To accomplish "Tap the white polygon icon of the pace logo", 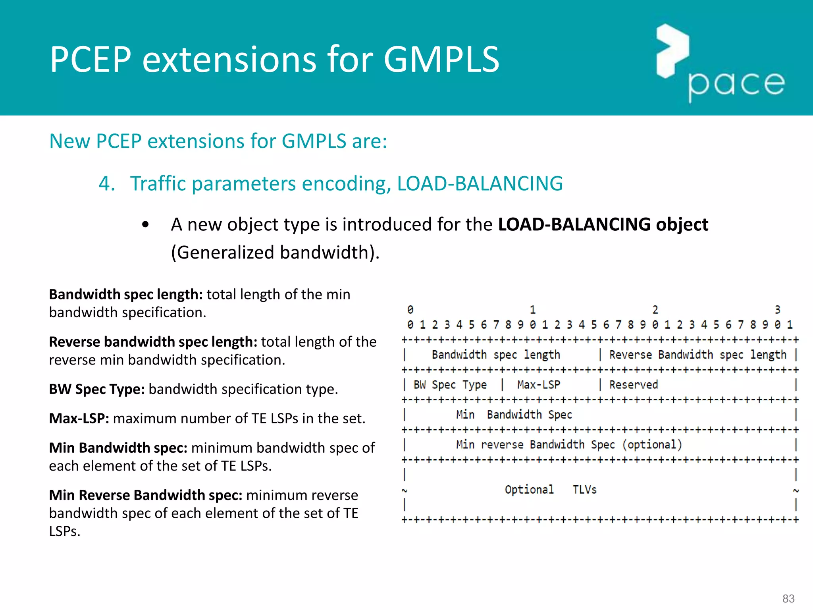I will [x=672, y=51].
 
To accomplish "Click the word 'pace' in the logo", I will [x=736, y=85].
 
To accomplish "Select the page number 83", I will [x=788, y=598].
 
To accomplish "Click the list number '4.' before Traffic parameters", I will [x=107, y=184].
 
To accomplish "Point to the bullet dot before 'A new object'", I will [x=145, y=225].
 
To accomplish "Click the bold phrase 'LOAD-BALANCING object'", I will [x=603, y=224].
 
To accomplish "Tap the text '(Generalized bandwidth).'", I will [x=275, y=253].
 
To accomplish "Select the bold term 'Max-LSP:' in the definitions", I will [x=79, y=419].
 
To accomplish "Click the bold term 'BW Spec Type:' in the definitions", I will [x=97, y=389].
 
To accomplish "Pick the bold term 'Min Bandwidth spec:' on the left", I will [x=118, y=448].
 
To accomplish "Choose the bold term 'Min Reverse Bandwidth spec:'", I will [x=146, y=495].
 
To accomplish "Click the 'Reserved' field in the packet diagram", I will [x=634, y=385].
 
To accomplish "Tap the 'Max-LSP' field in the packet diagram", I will [x=539, y=385].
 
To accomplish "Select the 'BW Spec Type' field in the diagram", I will [x=450, y=385].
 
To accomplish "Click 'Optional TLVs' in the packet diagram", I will [x=551, y=490].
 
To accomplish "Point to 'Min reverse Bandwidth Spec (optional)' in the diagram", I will [x=569, y=445].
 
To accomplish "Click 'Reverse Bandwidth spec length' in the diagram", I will [x=697, y=355].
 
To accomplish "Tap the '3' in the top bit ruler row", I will [x=777, y=310].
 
